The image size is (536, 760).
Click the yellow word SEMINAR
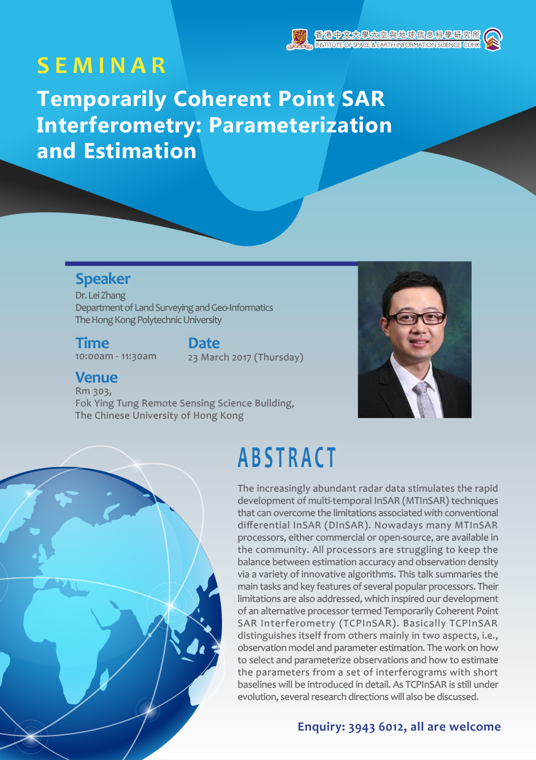click(101, 65)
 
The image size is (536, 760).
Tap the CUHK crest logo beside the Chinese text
click(299, 39)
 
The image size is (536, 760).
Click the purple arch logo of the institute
click(492, 39)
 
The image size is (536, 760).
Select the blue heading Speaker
click(103, 279)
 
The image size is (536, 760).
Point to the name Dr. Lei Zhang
click(101, 295)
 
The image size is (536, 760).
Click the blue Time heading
click(93, 343)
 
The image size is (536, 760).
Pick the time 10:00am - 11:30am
click(116, 356)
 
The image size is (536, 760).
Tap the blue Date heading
click(204, 343)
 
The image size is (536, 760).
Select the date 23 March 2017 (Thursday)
click(246, 357)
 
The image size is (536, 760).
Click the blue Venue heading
click(96, 378)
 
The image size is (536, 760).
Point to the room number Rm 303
click(93, 391)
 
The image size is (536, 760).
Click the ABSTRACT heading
click(287, 457)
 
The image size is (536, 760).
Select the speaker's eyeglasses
click(416, 318)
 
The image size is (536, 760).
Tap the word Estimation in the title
click(140, 151)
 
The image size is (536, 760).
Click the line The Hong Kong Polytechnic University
click(148, 320)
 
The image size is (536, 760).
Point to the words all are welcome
click(456, 726)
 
